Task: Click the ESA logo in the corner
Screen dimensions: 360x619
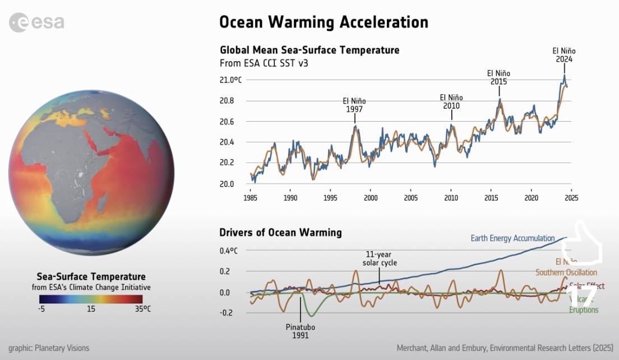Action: click(x=36, y=23)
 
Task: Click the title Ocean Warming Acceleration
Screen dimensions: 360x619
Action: click(x=324, y=22)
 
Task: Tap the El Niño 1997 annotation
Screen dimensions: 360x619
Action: click(x=354, y=105)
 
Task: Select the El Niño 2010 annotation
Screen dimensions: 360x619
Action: click(x=451, y=101)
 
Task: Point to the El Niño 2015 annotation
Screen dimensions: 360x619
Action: click(x=498, y=77)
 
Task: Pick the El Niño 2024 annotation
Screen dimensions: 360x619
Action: click(x=564, y=55)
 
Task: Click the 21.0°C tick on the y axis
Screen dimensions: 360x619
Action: click(x=230, y=80)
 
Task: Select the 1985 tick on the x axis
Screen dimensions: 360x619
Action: click(x=250, y=198)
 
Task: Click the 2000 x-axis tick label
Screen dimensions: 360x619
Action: click(x=370, y=198)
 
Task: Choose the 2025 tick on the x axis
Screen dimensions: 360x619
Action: click(x=571, y=198)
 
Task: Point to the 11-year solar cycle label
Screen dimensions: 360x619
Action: click(x=380, y=259)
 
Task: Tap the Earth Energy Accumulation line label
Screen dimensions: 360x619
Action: click(x=512, y=238)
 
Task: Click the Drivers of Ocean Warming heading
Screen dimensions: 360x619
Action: click(x=280, y=232)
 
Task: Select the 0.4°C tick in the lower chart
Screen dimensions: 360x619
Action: click(x=228, y=251)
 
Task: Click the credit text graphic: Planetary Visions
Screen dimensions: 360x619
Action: click(x=49, y=348)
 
